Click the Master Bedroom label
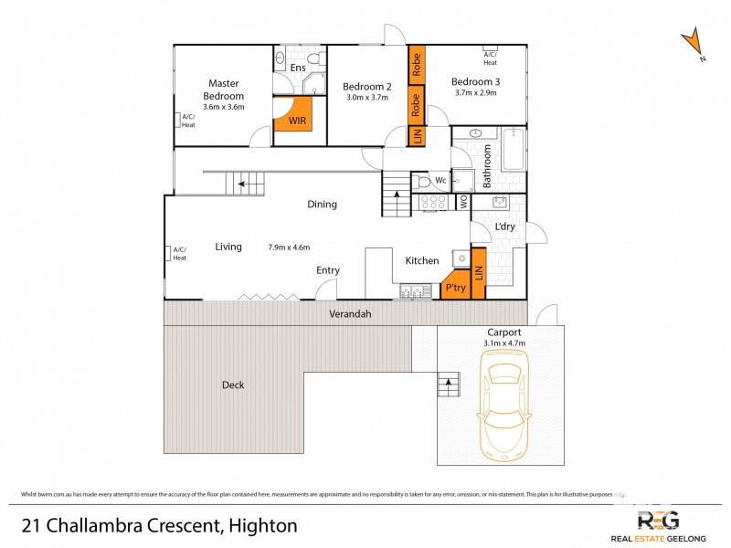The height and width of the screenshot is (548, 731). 224,90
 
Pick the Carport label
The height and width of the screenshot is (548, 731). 504,332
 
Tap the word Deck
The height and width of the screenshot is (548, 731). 233,385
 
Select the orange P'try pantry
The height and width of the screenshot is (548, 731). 455,286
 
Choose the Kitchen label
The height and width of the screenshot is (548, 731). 422,261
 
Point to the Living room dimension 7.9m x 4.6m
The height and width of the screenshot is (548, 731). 290,247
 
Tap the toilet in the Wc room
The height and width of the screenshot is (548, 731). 423,181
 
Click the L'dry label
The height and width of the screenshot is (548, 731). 504,226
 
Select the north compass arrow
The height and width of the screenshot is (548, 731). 694,44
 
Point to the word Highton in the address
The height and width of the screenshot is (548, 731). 260,525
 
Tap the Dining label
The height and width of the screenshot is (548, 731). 322,205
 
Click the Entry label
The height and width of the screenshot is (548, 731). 328,270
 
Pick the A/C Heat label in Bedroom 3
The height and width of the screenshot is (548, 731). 491,58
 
